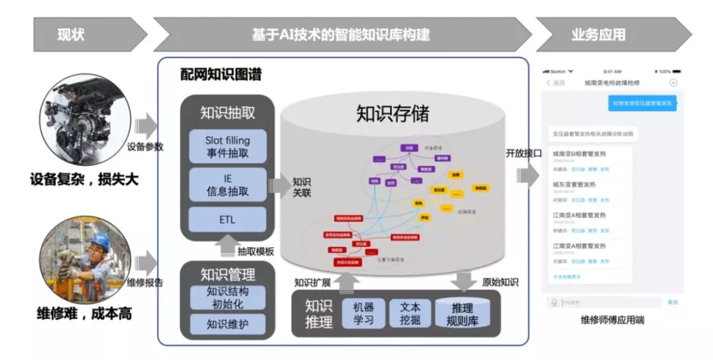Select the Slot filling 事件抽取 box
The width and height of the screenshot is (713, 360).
pyautogui.click(x=227, y=147)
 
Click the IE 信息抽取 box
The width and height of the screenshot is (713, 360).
pyautogui.click(x=227, y=184)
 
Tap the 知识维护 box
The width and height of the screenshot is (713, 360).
pyautogui.click(x=227, y=324)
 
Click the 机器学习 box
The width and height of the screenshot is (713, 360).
pyautogui.click(x=363, y=313)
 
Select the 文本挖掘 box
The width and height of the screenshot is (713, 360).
pyautogui.click(x=409, y=313)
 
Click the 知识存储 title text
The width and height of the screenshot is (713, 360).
pyautogui.click(x=393, y=114)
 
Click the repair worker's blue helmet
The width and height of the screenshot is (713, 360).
pyautogui.click(x=99, y=239)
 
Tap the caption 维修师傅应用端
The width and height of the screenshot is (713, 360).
pyautogui.click(x=612, y=320)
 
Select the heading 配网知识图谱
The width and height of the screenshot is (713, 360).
pyautogui.click(x=221, y=75)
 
